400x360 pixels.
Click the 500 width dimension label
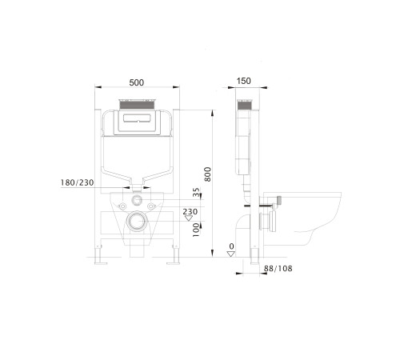tap(137, 82)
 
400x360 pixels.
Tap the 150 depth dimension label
tap(244, 81)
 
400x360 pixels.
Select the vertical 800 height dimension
tap(207, 174)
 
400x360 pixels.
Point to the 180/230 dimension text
tap(77, 182)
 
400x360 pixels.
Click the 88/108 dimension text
tap(278, 268)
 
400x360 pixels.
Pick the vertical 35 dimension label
tap(196, 192)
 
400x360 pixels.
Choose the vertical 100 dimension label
tap(196, 230)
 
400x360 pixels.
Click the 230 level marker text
tap(190, 212)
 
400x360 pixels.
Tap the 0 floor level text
tap(231, 246)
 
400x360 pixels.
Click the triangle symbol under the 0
tap(231, 254)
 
